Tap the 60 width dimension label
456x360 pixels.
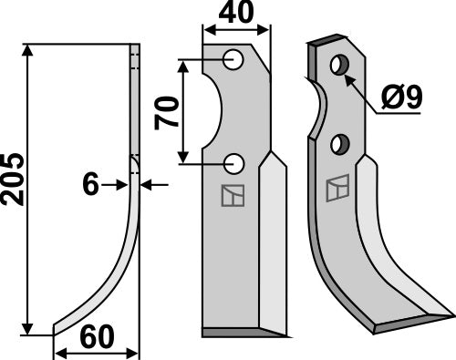coord(97,336)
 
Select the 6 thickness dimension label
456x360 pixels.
coord(91,185)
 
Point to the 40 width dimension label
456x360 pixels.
coord(236,15)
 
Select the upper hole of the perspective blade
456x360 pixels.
coord(339,66)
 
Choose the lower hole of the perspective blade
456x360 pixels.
coord(340,143)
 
